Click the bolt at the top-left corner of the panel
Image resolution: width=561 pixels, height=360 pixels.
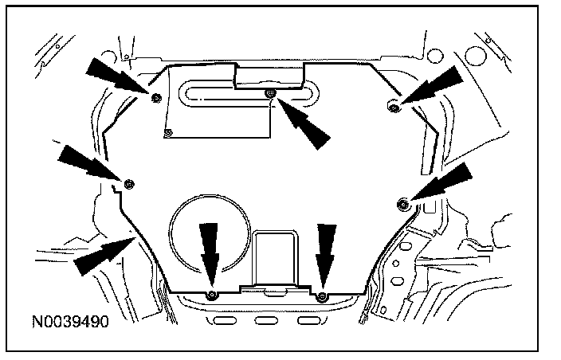tap(156, 97)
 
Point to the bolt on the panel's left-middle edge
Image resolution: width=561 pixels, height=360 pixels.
tap(129, 184)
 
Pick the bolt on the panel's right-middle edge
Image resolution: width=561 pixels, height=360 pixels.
tap(403, 205)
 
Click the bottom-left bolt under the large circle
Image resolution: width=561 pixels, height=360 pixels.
tap(210, 295)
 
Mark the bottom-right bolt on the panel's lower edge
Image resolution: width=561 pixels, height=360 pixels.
tap(322, 296)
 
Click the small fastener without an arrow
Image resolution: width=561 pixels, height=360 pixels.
tap(167, 131)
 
